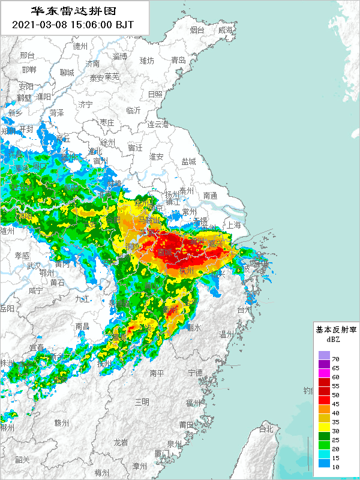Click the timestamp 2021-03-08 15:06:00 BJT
click(73, 25)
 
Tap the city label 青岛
click(178, 60)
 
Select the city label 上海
click(233, 225)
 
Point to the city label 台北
click(266, 429)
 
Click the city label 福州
click(193, 403)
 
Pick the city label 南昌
click(82, 326)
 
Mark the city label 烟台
click(197, 30)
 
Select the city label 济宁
click(85, 104)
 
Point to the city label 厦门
click(162, 453)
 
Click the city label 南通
click(210, 195)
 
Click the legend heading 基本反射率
click(336, 329)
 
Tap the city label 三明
click(142, 401)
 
